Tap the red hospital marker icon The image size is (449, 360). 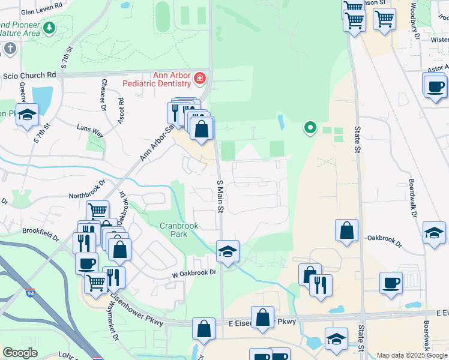click(x=199, y=78)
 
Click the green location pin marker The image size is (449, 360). click(x=310, y=127)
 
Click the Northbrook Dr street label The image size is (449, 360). click(x=87, y=188)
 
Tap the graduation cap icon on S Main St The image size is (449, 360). click(x=228, y=252)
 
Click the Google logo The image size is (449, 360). click(x=20, y=353)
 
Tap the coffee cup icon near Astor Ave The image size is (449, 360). click(x=435, y=86)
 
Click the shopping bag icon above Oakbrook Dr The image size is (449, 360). click(x=347, y=231)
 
